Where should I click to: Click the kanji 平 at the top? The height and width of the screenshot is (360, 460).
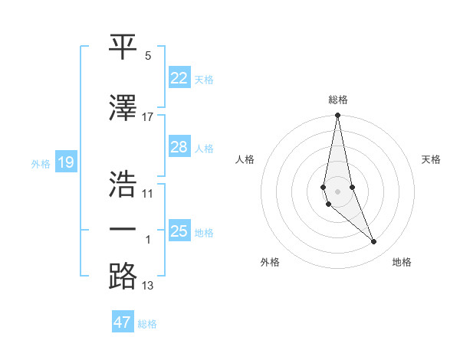click(x=123, y=47)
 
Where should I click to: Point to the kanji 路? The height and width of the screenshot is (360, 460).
click(x=123, y=275)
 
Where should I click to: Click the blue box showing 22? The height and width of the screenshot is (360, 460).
click(x=179, y=78)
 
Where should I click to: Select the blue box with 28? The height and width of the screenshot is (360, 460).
click(x=179, y=147)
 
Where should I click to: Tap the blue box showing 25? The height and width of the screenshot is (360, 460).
click(x=179, y=231)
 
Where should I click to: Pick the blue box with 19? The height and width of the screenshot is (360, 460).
click(x=65, y=162)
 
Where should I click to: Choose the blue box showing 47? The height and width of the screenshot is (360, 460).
click(x=123, y=322)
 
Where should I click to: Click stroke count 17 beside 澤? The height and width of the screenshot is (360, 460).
click(x=148, y=117)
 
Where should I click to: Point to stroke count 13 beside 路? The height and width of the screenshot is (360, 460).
click(x=148, y=286)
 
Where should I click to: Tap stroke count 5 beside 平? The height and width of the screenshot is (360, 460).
click(x=148, y=56)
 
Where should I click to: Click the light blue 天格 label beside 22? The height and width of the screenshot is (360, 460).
click(x=204, y=79)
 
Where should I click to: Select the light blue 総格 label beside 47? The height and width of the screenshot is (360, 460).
click(x=147, y=323)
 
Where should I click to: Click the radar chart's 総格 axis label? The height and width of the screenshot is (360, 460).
click(x=338, y=100)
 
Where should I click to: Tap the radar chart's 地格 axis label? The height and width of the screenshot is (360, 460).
click(x=402, y=262)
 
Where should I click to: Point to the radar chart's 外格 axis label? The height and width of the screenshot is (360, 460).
click(x=270, y=262)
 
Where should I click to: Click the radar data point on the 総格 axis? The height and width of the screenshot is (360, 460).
click(x=337, y=116)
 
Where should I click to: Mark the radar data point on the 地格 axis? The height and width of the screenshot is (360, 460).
click(x=374, y=242)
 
